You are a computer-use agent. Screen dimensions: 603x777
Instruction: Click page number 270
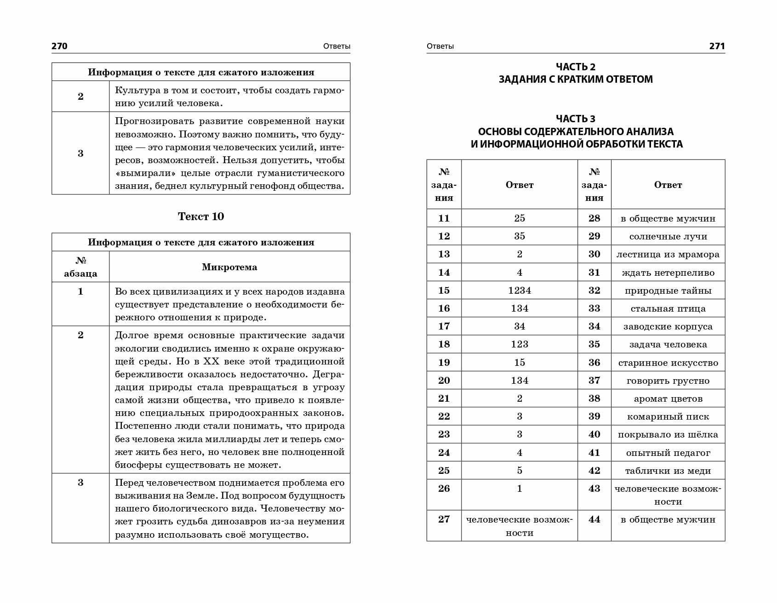(59, 46)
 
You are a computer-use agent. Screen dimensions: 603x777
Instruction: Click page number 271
(717, 46)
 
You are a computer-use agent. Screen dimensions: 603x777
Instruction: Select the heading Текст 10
(201, 216)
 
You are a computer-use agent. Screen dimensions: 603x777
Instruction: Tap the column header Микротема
(229, 267)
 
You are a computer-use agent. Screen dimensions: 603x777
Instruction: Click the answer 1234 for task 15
(520, 290)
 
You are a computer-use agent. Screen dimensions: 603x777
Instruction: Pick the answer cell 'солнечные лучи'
(668, 237)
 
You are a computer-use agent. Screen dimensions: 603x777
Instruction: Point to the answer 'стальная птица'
(668, 309)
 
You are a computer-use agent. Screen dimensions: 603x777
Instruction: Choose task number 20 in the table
(444, 381)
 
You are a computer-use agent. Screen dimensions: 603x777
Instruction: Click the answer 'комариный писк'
(668, 417)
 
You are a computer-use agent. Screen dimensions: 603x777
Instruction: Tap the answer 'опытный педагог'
(668, 453)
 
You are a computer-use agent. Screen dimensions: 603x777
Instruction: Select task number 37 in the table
(594, 381)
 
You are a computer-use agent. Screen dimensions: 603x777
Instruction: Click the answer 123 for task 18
(520, 344)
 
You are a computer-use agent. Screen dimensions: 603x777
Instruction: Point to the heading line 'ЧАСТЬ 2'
(576, 67)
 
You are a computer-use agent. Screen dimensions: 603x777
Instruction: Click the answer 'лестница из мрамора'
(668, 255)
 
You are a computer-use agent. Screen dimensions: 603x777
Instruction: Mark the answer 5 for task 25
(520, 471)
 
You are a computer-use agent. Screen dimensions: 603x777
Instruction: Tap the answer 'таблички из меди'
(668, 471)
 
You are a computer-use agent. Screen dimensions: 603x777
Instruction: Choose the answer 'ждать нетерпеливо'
(668, 273)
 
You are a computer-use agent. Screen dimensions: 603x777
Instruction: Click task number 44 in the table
(594, 519)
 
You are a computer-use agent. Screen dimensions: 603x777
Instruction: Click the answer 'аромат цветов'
(668, 399)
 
